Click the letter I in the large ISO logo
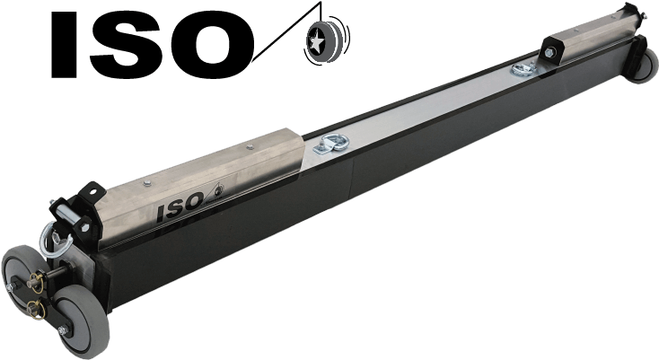(x=64, y=45)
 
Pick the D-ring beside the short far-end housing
(x=525, y=68)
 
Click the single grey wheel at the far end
(x=646, y=66)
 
